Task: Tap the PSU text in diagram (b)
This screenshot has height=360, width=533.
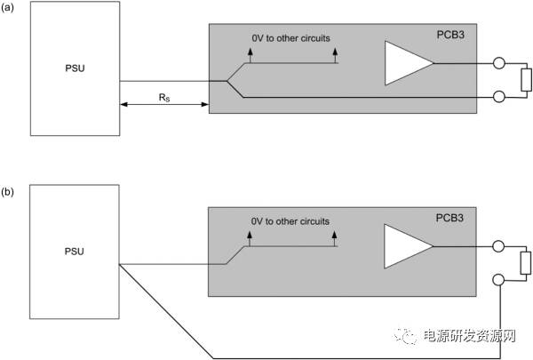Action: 74,252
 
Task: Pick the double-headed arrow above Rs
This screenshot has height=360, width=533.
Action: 163,105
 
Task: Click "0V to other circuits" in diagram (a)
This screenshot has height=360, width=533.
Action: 290,38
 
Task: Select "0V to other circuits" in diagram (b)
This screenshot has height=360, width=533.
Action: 290,220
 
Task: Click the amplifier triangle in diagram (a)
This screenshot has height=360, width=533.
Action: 405,64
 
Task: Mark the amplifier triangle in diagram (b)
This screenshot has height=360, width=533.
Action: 405,246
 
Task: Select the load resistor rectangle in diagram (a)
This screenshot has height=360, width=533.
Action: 525,80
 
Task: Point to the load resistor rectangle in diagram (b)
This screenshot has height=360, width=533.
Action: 525,262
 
